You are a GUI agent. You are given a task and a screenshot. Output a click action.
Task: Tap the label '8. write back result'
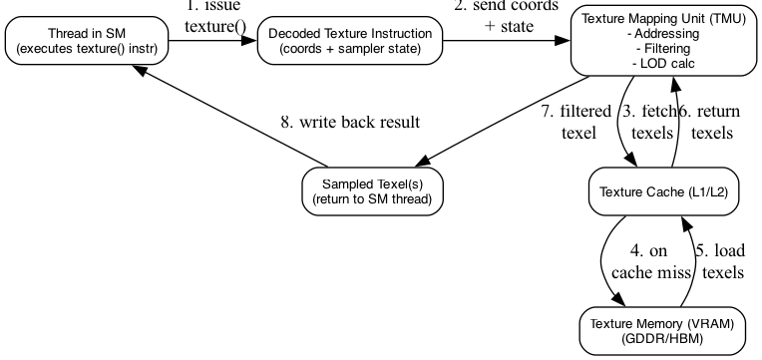coord(349,123)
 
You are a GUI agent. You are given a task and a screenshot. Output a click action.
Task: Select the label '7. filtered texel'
coord(576,122)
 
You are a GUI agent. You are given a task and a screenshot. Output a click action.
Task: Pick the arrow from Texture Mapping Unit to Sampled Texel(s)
coord(499,125)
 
